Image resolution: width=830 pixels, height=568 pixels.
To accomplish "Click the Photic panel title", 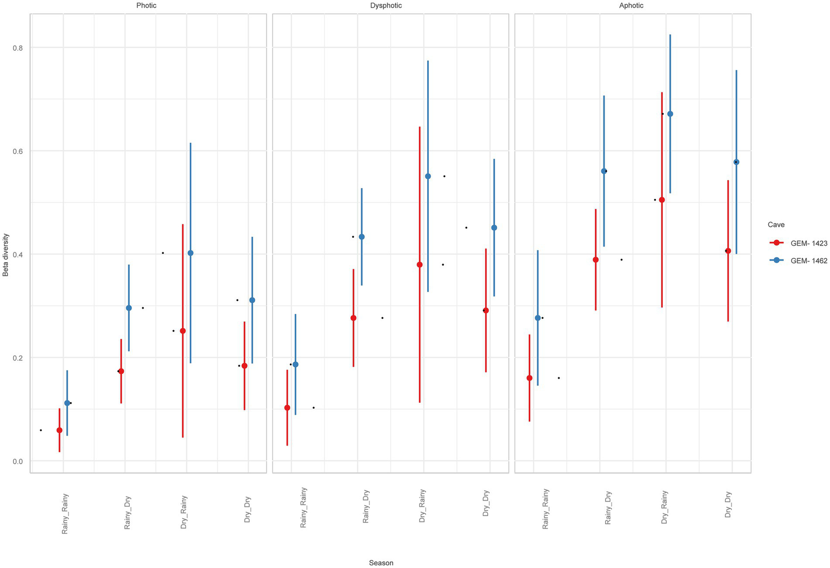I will [147, 5].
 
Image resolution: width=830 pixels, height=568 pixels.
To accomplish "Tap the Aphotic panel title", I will [632, 5].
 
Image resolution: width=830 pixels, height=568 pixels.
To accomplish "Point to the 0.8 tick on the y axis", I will [18, 48].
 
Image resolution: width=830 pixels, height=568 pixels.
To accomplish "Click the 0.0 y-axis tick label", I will [18, 461].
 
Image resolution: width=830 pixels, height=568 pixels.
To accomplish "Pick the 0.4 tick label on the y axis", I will [18, 254].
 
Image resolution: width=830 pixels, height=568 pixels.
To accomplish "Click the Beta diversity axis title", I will [6, 255].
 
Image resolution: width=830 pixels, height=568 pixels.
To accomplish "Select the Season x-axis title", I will [381, 563].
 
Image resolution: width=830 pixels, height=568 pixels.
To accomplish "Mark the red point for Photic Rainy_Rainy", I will [59, 430].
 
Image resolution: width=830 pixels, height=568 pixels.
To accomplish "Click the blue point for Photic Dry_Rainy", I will [190, 253].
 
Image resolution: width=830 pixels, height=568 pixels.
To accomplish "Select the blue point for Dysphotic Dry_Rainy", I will [428, 176].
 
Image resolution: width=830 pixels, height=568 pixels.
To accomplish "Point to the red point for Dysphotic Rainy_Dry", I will [354, 318].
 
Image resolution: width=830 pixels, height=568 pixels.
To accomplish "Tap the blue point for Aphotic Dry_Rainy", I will [670, 113].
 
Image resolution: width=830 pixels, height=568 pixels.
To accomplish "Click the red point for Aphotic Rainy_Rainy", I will [529, 378].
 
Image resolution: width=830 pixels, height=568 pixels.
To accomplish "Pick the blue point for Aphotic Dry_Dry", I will [736, 162].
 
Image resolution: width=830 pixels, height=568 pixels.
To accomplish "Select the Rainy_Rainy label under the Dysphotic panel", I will [303, 507].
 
